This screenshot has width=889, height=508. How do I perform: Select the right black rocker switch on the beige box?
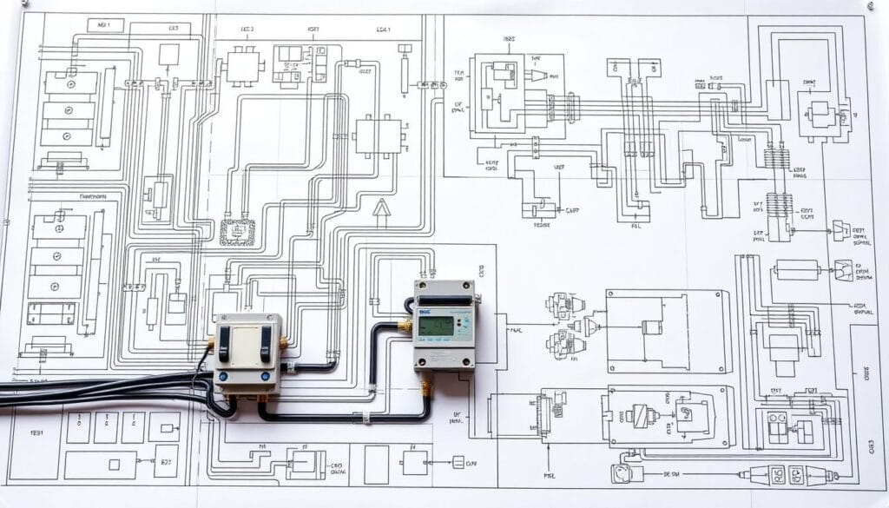point(265,344)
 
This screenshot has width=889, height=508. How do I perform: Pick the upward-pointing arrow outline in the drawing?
point(380,212)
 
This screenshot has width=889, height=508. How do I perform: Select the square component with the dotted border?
point(237,232)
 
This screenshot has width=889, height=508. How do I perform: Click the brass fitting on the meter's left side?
point(405,326)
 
